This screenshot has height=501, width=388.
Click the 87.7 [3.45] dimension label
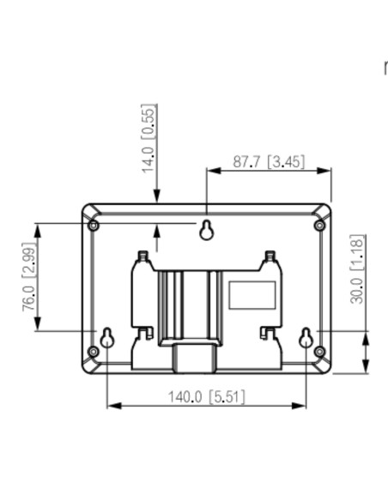pyautogui.click(x=269, y=161)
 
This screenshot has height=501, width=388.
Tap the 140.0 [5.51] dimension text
pyautogui.click(x=206, y=397)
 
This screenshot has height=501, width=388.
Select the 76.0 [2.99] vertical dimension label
pyautogui.click(x=29, y=277)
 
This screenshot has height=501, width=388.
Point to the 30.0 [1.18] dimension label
pyautogui.click(x=357, y=269)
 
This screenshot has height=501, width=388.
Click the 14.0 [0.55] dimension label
pyautogui.click(x=149, y=139)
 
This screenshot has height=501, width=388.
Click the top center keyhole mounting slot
pyautogui.click(x=207, y=230)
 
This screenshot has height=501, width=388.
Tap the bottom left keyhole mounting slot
pyautogui.click(x=106, y=338)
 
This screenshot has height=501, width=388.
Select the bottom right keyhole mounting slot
pyautogui.click(x=306, y=338)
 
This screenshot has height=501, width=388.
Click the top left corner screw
pyautogui.click(x=94, y=226)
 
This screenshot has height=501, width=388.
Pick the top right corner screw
pyautogui.click(x=319, y=226)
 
